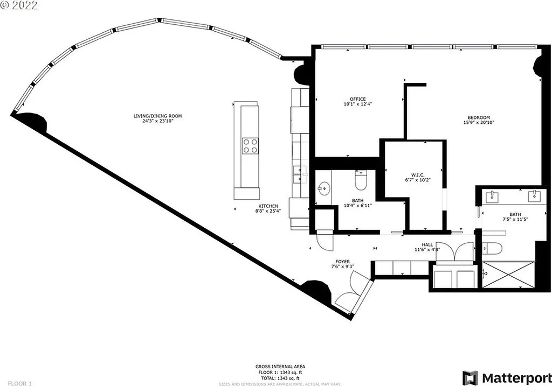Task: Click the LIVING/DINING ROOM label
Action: coord(158,116)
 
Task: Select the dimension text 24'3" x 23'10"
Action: coord(158,121)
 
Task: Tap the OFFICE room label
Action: coord(357,99)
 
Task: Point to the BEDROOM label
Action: coord(479,118)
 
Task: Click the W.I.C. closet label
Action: coord(418,175)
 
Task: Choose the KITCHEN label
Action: coord(268,206)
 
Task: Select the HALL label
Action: coord(427,244)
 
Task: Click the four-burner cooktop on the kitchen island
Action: coord(250,145)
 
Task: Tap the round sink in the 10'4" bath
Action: coord(323,188)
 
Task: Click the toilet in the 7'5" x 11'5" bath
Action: coord(493,248)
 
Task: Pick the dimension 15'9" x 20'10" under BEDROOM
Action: coord(479,123)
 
